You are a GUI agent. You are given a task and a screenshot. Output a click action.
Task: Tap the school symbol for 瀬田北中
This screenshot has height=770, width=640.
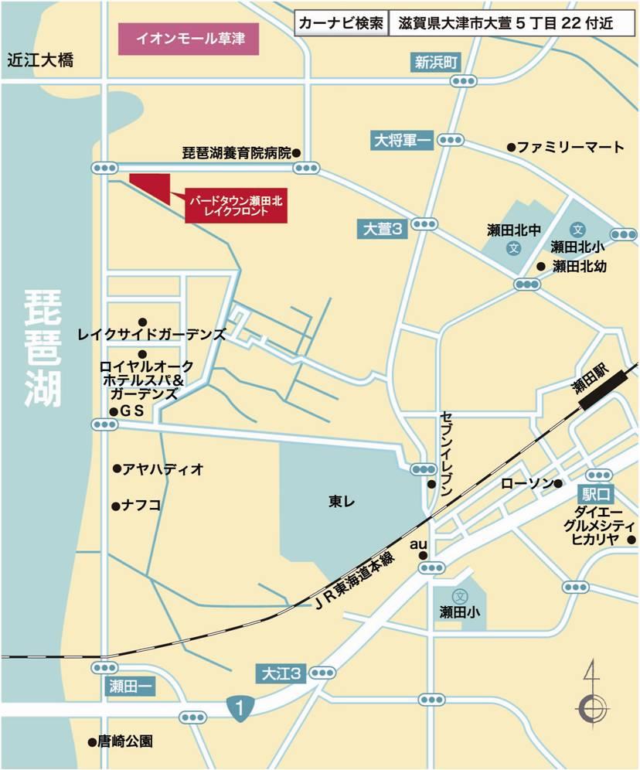[x=512, y=248]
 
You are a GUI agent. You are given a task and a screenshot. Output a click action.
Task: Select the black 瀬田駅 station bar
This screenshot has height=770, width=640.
[x=605, y=385]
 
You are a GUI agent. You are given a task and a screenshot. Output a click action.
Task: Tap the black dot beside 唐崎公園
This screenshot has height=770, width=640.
[x=90, y=741]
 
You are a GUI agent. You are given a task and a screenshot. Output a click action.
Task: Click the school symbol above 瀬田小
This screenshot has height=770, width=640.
[x=460, y=596]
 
